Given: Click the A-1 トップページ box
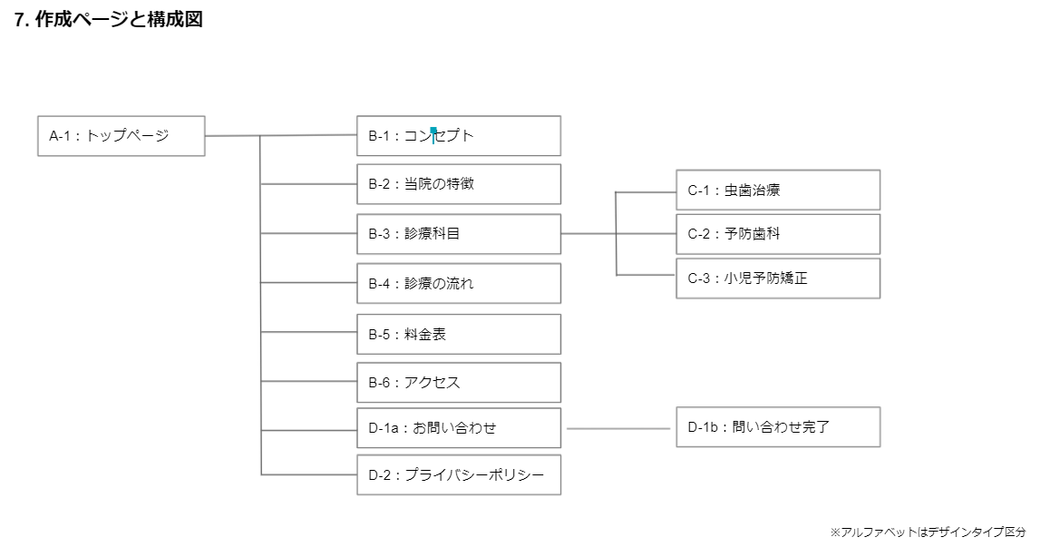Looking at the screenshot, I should tap(122, 136).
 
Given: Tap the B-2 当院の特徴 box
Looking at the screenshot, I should tap(459, 184).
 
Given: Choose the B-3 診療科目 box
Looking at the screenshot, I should tap(459, 234).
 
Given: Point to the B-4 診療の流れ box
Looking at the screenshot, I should tap(459, 283).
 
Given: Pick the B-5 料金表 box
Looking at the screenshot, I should tap(459, 334).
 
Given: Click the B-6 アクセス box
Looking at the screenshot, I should tap(459, 383).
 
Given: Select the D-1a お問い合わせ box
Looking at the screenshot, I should tap(459, 428).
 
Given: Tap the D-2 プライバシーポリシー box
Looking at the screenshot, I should tap(459, 475).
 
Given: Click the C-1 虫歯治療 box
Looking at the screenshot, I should tap(778, 190).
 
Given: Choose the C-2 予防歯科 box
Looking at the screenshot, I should tap(778, 234).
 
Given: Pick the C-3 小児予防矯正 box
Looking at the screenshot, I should tap(778, 278).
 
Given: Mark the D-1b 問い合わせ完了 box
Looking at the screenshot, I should tap(778, 427).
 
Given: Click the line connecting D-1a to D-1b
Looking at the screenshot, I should tap(617, 428).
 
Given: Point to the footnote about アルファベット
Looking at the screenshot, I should tap(928, 532).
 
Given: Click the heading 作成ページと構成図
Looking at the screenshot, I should tap(119, 21).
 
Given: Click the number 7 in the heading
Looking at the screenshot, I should tap(19, 21).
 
